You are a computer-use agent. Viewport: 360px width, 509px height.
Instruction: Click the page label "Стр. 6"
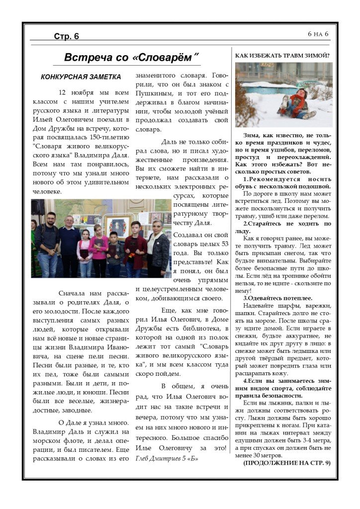(x=67, y=36)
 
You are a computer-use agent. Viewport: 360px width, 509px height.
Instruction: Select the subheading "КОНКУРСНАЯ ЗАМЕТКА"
(x=81, y=77)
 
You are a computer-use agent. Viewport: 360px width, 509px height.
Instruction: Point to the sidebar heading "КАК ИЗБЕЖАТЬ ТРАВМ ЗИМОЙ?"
(x=282, y=56)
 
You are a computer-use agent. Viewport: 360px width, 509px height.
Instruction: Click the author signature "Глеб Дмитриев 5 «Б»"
(x=167, y=458)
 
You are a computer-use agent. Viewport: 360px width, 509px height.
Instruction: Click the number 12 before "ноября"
(x=63, y=92)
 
